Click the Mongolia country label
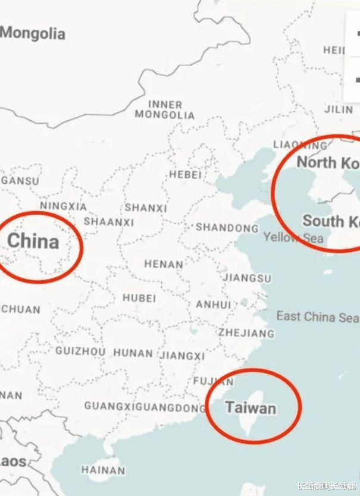click(33, 33)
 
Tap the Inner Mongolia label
click(165, 109)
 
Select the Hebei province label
click(185, 175)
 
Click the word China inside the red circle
click(33, 241)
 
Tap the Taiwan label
click(251, 409)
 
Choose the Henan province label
click(163, 263)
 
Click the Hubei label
click(139, 298)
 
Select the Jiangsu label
click(247, 278)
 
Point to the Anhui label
click(213, 304)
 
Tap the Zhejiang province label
click(246, 332)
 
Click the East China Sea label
click(317, 317)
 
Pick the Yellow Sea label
click(294, 238)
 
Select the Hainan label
click(103, 470)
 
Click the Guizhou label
click(80, 351)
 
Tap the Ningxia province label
click(63, 206)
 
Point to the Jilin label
click(338, 109)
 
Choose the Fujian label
click(214, 381)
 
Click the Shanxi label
click(145, 208)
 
